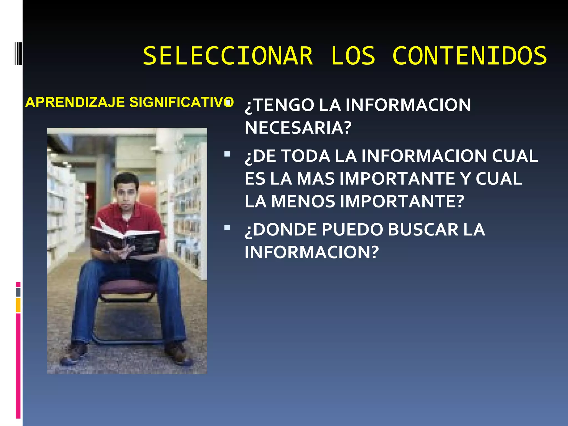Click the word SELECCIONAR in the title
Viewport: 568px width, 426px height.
228,56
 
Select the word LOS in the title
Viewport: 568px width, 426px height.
353,56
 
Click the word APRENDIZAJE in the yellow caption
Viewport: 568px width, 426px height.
75,102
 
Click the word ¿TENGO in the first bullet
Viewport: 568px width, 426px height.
279,105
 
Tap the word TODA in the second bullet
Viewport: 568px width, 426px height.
306,156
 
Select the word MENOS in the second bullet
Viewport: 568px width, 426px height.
303,202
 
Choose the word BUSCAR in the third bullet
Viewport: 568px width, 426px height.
423,230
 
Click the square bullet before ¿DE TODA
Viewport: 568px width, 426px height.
227,154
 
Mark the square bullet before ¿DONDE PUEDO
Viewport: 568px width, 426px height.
227,228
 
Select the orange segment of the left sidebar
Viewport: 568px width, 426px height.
18,305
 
